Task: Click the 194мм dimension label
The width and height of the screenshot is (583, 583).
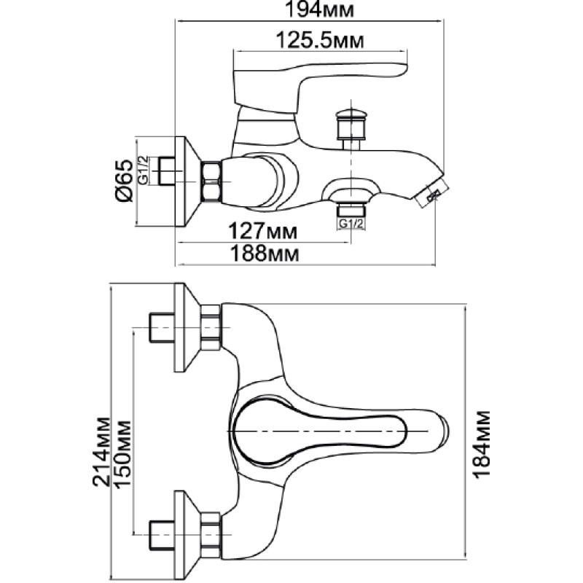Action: tap(319, 9)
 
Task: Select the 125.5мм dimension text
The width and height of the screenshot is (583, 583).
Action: tap(320, 41)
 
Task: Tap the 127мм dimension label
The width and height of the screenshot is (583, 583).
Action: tap(262, 231)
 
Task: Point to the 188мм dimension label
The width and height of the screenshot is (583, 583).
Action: tap(265, 254)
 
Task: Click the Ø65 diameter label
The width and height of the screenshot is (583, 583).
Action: tap(125, 181)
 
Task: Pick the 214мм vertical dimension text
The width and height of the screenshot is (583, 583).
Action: tap(101, 452)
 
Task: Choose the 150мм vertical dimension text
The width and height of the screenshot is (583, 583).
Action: tap(122, 453)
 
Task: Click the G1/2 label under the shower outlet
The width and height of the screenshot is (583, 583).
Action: tap(351, 224)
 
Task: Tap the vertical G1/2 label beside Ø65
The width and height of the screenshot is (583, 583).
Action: tap(143, 171)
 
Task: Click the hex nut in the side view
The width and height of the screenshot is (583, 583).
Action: tap(211, 181)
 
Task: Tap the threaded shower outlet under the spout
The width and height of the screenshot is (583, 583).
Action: tap(351, 210)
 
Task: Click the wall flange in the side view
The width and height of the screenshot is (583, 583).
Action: tap(187, 181)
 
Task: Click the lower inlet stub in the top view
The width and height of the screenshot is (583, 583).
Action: tap(161, 536)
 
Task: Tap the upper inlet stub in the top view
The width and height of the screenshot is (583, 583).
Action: tap(161, 327)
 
